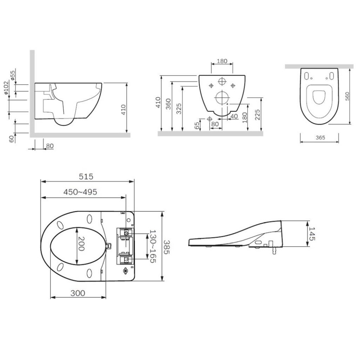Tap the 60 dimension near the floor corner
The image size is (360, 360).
coord(12,139)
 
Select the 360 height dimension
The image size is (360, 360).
coord(168,104)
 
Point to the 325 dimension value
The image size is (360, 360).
coord(179,109)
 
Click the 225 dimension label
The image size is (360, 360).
coord(257,115)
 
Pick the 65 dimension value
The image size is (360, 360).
coord(197,126)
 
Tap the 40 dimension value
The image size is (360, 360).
coord(234,116)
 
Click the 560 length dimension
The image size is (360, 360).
coord(347,96)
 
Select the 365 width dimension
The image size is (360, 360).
coord(320,138)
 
